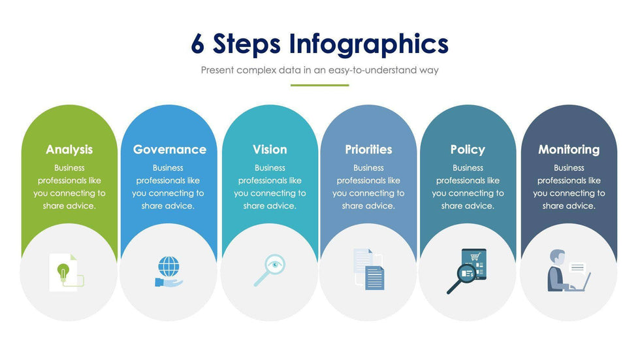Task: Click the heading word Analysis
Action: point(69,150)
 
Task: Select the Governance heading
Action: point(169,150)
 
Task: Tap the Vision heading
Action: point(270,150)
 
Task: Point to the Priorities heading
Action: point(368,150)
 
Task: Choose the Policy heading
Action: point(468,150)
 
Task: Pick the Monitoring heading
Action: point(568,150)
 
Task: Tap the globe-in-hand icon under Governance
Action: point(168,271)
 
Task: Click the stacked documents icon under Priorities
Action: point(369,269)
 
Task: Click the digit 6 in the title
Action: point(198,44)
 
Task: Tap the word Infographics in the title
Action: point(368,44)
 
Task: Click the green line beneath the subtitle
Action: point(319,85)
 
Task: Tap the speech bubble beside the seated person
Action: point(577,267)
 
